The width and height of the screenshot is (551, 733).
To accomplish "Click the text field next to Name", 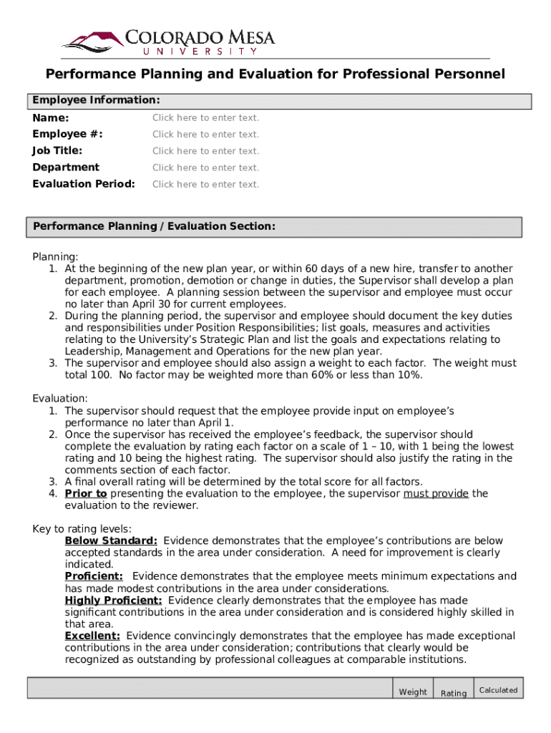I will [x=205, y=117].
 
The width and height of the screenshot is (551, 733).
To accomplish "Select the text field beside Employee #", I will [x=205, y=135].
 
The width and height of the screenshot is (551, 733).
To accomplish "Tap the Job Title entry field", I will [x=205, y=151].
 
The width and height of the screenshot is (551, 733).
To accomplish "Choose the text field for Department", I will [x=205, y=168].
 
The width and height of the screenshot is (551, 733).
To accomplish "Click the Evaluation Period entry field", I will [x=205, y=184].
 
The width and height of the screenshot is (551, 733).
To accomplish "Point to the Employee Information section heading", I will [x=96, y=100].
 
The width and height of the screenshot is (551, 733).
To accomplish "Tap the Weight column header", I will [x=413, y=692].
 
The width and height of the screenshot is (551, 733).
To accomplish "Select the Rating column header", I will [x=454, y=693].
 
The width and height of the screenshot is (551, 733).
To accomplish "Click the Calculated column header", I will [x=498, y=690].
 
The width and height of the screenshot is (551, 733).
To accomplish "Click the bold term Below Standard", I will [x=111, y=541].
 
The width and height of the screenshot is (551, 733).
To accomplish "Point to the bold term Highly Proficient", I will [x=113, y=601].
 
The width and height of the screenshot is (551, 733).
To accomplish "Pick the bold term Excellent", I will [x=92, y=636].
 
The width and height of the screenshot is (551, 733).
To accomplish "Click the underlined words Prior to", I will [x=86, y=493].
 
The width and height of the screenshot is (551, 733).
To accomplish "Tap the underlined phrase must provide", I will [x=436, y=493].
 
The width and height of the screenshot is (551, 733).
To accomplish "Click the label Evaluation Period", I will [x=84, y=184].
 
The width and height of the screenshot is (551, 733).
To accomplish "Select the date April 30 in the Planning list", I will [x=140, y=304].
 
